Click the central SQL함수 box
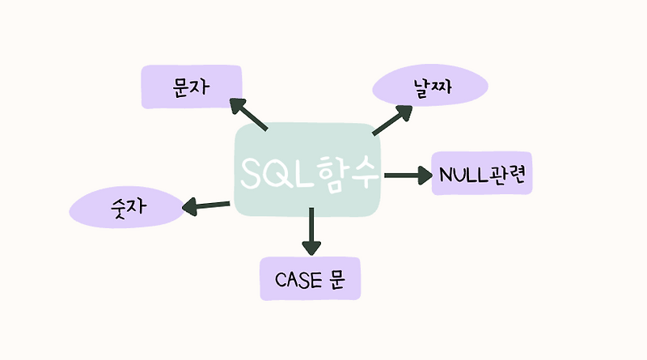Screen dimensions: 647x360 click(x=308, y=170)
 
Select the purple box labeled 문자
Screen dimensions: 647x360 click(x=191, y=87)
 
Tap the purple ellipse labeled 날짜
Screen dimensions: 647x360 click(x=430, y=86)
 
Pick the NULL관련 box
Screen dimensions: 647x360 click(x=482, y=173)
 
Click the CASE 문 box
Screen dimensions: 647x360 click(x=310, y=278)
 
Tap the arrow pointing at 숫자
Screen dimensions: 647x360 click(x=206, y=206)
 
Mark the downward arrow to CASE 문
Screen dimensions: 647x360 click(x=311, y=230)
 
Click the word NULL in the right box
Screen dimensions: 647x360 click(x=463, y=174)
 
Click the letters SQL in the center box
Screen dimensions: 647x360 click(x=276, y=172)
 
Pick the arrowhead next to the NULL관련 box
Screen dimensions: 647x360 click(x=424, y=174)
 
